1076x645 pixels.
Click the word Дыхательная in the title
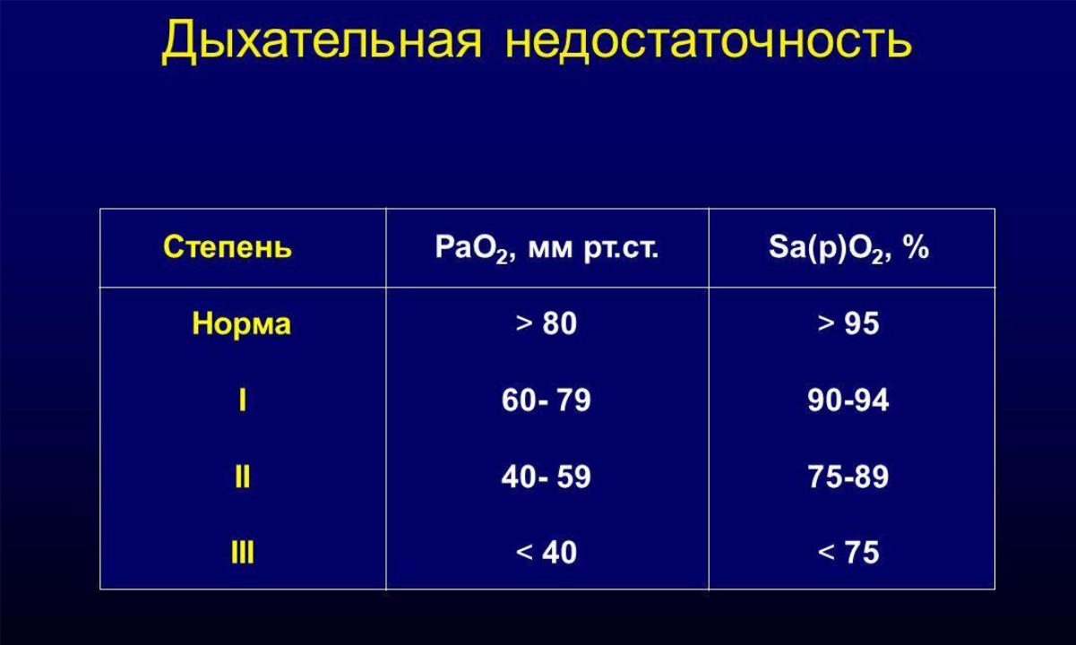(322, 41)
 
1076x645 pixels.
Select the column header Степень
(228, 247)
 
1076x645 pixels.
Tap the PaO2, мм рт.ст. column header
(547, 249)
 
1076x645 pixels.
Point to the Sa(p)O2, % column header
(848, 249)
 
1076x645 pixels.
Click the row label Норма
(242, 323)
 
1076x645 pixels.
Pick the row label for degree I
(243, 400)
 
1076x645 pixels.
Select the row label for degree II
(243, 477)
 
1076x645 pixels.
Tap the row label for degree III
(243, 553)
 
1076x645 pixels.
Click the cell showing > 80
(547, 323)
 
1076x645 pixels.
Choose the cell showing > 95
(848, 323)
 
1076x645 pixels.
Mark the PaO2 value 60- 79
(547, 400)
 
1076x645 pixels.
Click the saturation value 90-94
(848, 400)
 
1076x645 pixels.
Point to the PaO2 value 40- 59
(547, 477)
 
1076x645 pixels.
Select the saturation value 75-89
(848, 477)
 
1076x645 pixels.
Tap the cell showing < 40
(547, 553)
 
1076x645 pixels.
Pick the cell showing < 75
(848, 553)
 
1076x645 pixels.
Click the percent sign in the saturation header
(916, 247)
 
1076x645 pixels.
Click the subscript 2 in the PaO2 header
(502, 257)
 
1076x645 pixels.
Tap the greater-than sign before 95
(826, 323)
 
